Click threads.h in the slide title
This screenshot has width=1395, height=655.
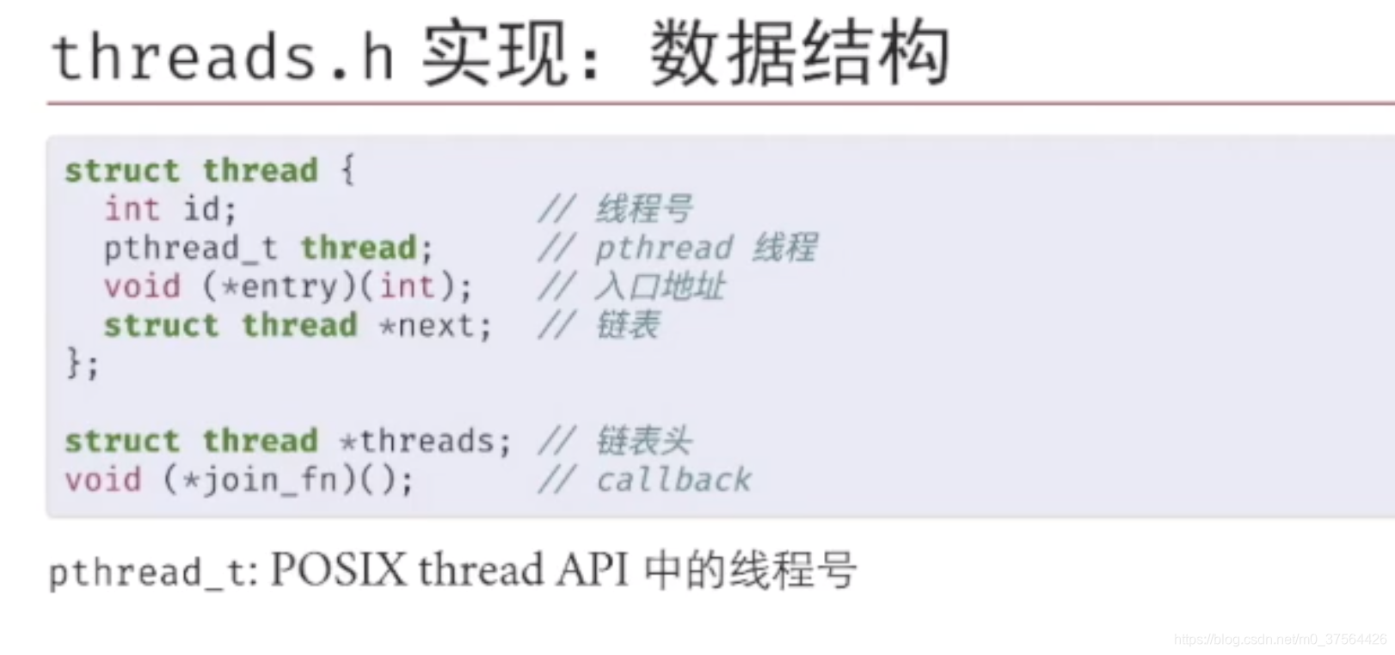pyautogui.click(x=223, y=57)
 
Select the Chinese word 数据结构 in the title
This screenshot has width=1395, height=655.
pyautogui.click(x=800, y=55)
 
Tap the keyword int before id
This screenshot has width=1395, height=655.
pyautogui.click(x=132, y=209)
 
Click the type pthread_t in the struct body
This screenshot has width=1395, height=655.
pyautogui.click(x=190, y=248)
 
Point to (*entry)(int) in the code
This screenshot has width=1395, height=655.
pyautogui.click(x=336, y=286)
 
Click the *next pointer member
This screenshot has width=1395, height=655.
pyautogui.click(x=435, y=326)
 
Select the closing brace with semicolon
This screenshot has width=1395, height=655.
pyautogui.click(x=83, y=363)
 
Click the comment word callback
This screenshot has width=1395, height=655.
pyautogui.click(x=673, y=480)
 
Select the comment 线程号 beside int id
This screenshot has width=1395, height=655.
pyautogui.click(x=644, y=209)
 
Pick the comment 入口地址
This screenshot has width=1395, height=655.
pyautogui.click(x=660, y=286)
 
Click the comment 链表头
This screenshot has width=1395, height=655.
pyautogui.click(x=643, y=441)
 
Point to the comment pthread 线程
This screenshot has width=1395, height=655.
pyautogui.click(x=705, y=248)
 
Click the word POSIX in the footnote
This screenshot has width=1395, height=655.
pyautogui.click(x=338, y=570)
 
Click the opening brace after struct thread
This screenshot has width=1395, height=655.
pyautogui.click(x=347, y=170)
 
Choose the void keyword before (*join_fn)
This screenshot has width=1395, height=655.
pyautogui.click(x=103, y=480)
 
